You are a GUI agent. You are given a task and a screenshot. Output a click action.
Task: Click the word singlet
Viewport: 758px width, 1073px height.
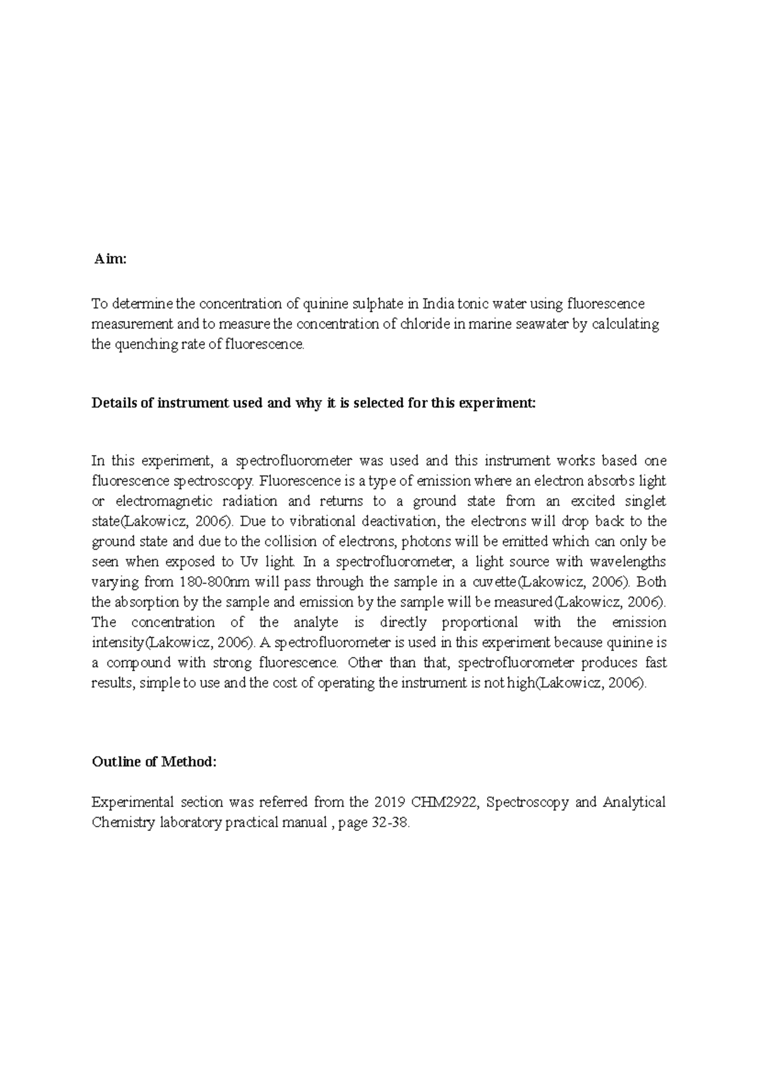coord(645,501)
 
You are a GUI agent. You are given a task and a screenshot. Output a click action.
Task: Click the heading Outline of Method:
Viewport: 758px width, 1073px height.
coord(154,762)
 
